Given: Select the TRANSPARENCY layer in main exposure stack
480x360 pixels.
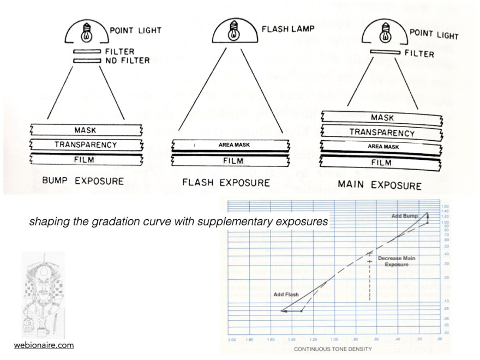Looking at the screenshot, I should click(382, 132).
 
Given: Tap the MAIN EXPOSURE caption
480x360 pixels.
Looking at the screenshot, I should click(379, 185).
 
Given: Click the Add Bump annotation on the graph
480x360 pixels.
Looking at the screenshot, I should click(405, 217).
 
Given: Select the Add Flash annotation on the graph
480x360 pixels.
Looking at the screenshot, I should click(285, 295).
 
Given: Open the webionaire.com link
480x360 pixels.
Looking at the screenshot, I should click(44, 345).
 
